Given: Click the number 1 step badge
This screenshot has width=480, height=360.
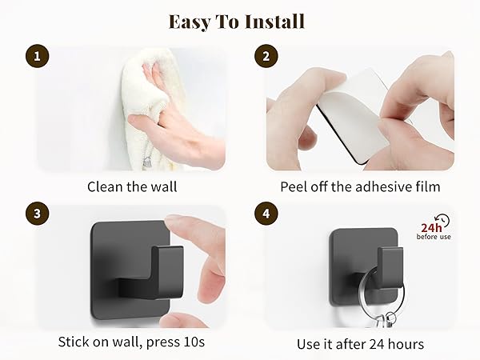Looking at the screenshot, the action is click(37, 56).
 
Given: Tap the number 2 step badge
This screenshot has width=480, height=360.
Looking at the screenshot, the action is click(266, 56).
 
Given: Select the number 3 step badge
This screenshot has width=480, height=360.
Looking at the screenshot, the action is click(37, 214).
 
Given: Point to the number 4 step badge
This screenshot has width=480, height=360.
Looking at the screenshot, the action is click(266, 214).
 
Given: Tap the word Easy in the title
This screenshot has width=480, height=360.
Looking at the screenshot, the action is click(190, 22).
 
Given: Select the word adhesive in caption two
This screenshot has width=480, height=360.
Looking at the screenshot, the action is click(381, 186).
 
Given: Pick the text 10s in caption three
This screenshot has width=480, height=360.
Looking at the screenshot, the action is click(194, 342).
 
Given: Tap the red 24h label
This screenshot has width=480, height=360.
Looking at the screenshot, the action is click(431, 228).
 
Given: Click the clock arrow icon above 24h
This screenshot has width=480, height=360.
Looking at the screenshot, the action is click(443, 220).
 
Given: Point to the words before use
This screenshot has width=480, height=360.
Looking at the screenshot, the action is click(434, 237).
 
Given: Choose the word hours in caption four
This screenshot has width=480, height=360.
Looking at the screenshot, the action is click(406, 344).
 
